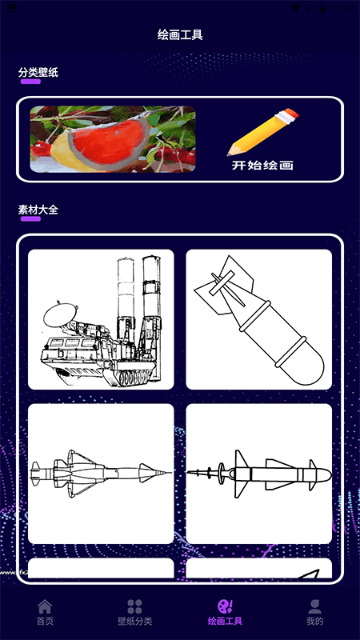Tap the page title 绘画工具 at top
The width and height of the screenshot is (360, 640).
[x=180, y=35]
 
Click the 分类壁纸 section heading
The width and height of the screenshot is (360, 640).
[x=38, y=73]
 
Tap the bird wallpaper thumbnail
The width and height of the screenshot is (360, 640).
[x=113, y=139]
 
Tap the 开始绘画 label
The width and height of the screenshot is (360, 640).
[x=262, y=166]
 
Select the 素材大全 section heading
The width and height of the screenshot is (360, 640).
[x=38, y=210]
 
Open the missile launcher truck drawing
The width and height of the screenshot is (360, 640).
[x=101, y=319]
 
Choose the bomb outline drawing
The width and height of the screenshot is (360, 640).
[x=258, y=319]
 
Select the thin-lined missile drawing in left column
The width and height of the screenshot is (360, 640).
[x=101, y=474]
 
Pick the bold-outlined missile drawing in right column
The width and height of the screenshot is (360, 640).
[x=258, y=474]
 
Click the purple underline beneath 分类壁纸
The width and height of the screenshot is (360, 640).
[x=30, y=82]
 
